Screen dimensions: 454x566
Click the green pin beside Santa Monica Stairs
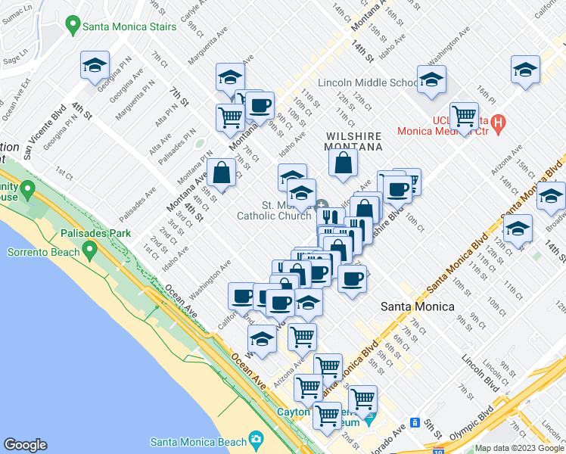[73, 26]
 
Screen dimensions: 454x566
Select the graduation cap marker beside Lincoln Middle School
[431, 79]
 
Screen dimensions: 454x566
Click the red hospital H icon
[497, 123]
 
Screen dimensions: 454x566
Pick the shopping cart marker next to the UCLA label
[464, 117]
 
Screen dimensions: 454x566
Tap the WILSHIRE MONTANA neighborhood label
[353, 141]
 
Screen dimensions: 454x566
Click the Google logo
[25, 445]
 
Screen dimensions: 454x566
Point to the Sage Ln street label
[16, 58]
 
